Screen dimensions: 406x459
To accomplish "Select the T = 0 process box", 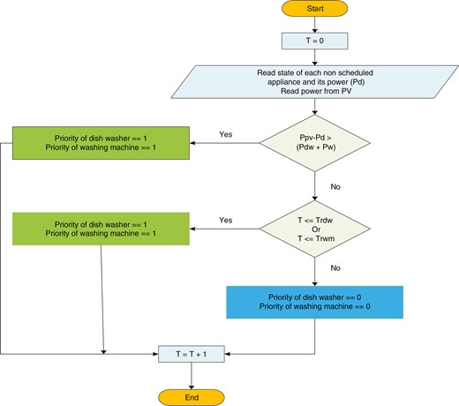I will tap(314, 41).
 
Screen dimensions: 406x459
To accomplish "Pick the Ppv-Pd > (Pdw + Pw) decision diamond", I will tap(314, 143).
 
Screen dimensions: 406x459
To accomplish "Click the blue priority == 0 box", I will tap(314, 302).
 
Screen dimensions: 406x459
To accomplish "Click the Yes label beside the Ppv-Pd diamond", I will tap(226, 135).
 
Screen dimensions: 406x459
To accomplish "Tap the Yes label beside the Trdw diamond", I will tap(226, 221).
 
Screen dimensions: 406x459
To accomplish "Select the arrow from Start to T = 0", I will tap(314, 26).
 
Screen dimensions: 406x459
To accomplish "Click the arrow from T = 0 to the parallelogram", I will tap(314, 56).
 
